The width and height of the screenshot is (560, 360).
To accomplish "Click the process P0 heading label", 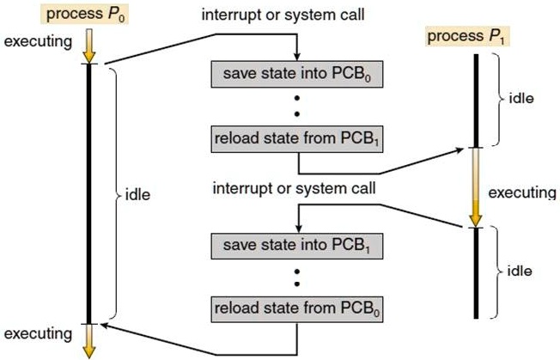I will tap(89, 15).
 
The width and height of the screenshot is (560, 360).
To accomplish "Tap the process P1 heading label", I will tap(465, 36).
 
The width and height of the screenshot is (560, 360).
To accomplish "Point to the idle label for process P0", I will tap(137, 195).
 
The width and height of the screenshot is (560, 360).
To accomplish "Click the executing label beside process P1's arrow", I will tap(521, 193).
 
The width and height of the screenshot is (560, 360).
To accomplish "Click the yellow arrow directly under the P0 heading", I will tap(90, 45).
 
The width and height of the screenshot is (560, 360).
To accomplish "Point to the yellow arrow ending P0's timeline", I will tap(90, 339).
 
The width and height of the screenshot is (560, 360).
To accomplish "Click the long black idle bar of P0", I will tap(90, 193).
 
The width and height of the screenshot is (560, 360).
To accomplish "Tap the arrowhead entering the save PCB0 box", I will tap(296, 57).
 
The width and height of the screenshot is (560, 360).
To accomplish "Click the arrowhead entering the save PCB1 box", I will tap(296, 229).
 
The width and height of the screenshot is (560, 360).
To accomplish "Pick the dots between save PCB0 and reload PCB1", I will tap(296, 107).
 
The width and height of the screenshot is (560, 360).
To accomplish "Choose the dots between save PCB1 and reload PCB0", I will tap(296, 278).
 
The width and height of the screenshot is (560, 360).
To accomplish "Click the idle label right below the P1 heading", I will tap(521, 98).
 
